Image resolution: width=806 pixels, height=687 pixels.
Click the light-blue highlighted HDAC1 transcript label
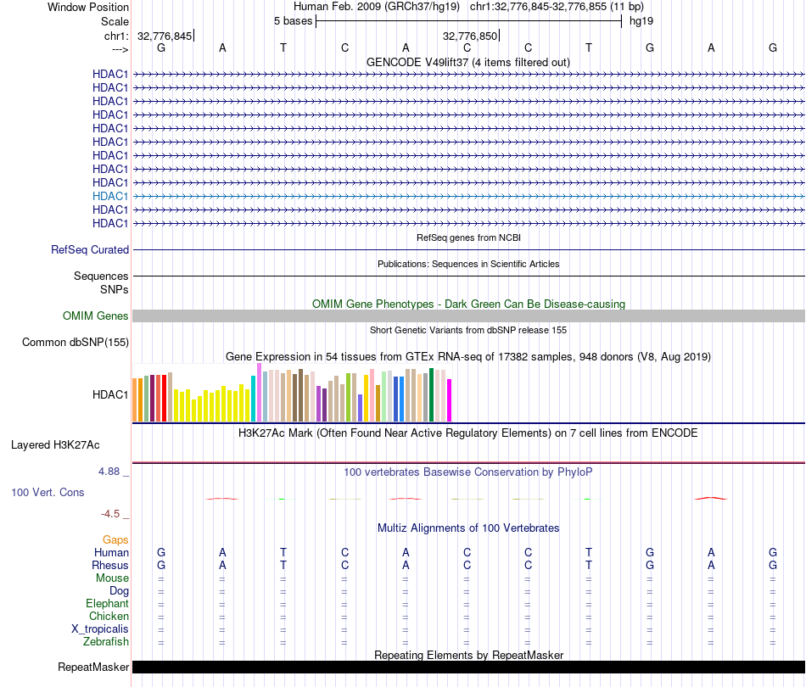pyautogui.click(x=110, y=196)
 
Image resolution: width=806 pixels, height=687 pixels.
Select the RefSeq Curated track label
pyautogui.click(x=90, y=249)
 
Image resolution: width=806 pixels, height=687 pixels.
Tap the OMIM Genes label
pyautogui.click(x=96, y=316)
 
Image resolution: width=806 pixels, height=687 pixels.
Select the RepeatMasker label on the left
pyautogui.click(x=93, y=667)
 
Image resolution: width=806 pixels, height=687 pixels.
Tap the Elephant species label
pyautogui.click(x=107, y=603)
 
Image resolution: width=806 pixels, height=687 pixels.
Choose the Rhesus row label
pyautogui.click(x=110, y=565)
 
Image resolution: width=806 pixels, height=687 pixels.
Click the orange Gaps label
pyautogui.click(x=115, y=539)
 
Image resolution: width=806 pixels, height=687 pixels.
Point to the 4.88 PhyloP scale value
pyautogui.click(x=110, y=472)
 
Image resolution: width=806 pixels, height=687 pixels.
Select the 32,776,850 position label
pyautogui.click(x=469, y=36)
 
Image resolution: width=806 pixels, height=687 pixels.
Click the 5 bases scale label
pyautogui.click(x=293, y=21)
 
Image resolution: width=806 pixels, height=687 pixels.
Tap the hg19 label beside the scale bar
pyautogui.click(x=641, y=21)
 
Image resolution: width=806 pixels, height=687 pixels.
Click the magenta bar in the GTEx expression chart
pyautogui.click(x=449, y=399)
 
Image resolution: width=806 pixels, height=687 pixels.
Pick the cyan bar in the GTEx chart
pyautogui.click(x=254, y=398)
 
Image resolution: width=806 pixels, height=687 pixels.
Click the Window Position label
pyautogui.click(x=88, y=7)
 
